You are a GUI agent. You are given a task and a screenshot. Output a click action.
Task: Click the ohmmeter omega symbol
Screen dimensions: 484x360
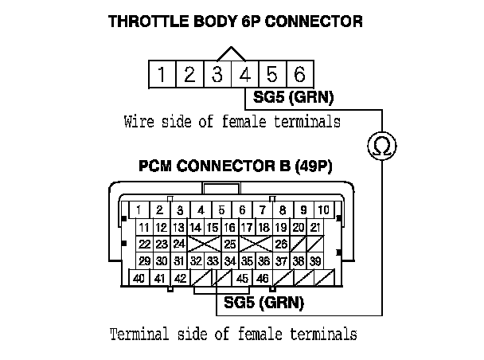click(381, 145)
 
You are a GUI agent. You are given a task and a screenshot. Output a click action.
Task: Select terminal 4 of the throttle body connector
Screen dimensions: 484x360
click(244, 75)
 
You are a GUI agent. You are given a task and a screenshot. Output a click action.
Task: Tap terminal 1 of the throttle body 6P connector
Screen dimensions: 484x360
click(162, 75)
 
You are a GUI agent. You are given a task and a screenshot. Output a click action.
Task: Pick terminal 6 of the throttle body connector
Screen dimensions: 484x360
click(299, 75)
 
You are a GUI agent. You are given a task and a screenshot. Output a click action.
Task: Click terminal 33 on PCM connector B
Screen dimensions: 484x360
click(213, 260)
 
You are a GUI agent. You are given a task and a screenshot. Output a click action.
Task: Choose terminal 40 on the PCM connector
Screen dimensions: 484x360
click(139, 278)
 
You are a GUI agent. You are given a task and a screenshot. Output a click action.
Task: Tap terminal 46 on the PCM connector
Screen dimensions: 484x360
click(263, 278)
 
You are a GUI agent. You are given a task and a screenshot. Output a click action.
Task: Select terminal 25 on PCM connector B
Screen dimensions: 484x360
click(230, 244)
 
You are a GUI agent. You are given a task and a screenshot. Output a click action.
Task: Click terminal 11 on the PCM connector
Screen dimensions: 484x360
click(144, 228)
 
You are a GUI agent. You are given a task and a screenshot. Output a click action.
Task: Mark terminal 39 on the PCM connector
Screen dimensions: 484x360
click(316, 260)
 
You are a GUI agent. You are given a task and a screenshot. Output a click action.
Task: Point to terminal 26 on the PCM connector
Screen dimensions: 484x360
click(281, 244)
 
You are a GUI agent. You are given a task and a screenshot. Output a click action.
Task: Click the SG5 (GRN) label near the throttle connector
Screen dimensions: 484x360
click(294, 99)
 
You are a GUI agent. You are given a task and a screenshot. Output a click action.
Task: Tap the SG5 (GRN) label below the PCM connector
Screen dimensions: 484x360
click(263, 303)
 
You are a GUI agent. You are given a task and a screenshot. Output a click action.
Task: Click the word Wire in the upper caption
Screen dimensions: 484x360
click(139, 122)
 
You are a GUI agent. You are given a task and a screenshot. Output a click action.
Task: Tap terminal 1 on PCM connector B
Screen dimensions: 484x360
click(139, 210)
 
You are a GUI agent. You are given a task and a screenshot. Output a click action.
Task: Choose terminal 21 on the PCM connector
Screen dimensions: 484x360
click(316, 228)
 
